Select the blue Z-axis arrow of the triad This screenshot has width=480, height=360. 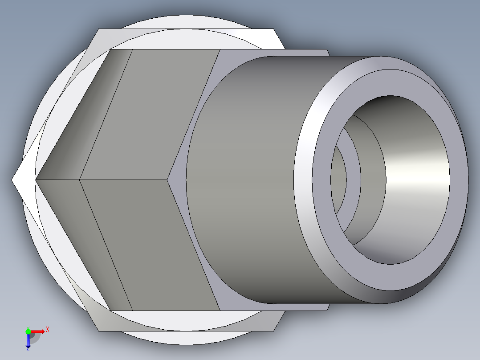(x=28, y=341)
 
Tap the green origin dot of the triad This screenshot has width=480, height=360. (x=28, y=331)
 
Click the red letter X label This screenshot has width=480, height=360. (x=47, y=330)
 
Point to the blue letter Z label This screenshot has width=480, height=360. (x=28, y=350)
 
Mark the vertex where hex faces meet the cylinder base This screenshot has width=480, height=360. (x=168, y=180)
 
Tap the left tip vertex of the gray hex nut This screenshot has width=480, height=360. (x=36, y=180)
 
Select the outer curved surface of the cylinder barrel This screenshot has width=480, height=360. (x=245, y=178)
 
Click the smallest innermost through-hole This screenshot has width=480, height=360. (x=338, y=178)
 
